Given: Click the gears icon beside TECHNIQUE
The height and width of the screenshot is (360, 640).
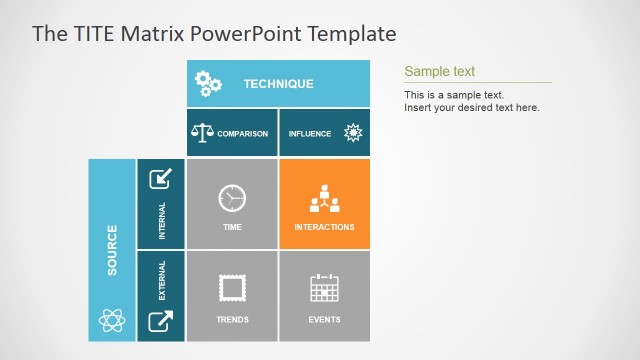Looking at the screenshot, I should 208,84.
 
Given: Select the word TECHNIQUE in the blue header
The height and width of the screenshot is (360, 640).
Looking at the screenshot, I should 278,84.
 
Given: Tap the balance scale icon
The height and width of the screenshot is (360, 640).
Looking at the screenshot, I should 202,133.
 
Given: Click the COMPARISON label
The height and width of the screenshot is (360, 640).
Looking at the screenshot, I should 242,134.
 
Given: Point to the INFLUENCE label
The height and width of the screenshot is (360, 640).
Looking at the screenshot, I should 310,134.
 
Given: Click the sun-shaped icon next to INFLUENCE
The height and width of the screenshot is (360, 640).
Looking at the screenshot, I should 352,133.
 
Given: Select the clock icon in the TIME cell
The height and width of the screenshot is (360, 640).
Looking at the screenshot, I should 232,198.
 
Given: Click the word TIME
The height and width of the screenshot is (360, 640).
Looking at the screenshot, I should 232,227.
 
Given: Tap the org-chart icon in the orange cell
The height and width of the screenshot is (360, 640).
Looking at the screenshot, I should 324,198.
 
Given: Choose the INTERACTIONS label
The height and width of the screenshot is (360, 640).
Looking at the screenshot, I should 324,227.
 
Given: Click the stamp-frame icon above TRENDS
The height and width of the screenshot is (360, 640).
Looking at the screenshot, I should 232,289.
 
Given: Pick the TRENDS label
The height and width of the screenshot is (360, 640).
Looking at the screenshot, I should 232,320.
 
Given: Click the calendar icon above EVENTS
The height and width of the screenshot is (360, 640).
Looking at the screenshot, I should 324,288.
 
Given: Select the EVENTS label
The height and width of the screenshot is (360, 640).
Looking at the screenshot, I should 324,320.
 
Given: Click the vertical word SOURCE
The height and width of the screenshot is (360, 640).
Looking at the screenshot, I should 112,249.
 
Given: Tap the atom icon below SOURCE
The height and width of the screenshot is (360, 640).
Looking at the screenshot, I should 111,320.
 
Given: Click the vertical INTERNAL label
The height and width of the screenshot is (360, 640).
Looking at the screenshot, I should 162,221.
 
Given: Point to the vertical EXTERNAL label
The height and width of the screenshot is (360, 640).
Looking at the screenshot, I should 162,281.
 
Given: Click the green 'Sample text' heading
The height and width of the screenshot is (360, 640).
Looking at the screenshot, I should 439,71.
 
